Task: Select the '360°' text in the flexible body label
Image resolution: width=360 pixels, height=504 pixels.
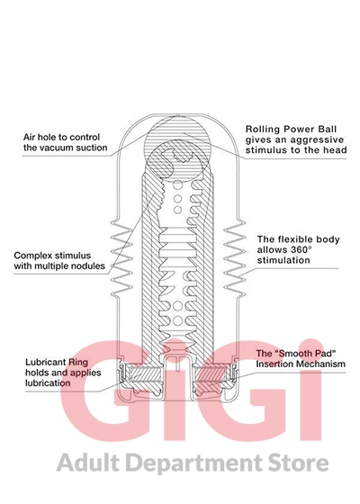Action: click(x=301, y=250)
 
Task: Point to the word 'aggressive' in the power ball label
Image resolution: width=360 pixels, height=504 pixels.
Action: click(x=311, y=140)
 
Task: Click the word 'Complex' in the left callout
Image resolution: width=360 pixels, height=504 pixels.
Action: click(x=31, y=256)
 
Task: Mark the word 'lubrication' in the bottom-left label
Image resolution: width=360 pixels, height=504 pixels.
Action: click(x=48, y=383)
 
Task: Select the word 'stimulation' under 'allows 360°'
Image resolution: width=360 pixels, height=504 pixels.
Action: click(x=283, y=260)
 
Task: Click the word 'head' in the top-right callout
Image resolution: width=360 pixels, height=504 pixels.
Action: click(x=337, y=150)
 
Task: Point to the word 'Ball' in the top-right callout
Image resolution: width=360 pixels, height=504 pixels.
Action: click(x=328, y=130)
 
